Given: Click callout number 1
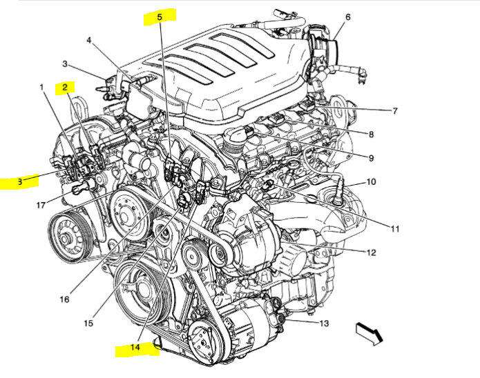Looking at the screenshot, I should [x=41, y=88].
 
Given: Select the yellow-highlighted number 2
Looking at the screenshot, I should [x=65, y=88].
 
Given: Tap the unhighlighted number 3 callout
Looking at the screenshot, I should [x=64, y=64].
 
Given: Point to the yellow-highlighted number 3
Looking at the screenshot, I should [x=20, y=182].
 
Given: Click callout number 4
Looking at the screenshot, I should [x=89, y=40].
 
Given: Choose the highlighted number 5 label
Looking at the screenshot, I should [x=159, y=16].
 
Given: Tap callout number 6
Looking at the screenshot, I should [x=347, y=17].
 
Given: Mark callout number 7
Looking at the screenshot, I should [x=394, y=111].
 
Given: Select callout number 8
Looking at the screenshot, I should [x=370, y=135].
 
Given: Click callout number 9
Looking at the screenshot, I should [x=370, y=158].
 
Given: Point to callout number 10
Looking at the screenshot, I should [x=371, y=182].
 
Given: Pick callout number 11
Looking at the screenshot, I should [x=394, y=228].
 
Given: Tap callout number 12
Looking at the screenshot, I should [x=371, y=252].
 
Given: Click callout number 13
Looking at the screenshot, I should [x=323, y=323].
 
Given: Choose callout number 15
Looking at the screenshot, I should [x=88, y=323].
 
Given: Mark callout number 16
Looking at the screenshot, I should [x=64, y=299].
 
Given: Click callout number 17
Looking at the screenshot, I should [x=41, y=205].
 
